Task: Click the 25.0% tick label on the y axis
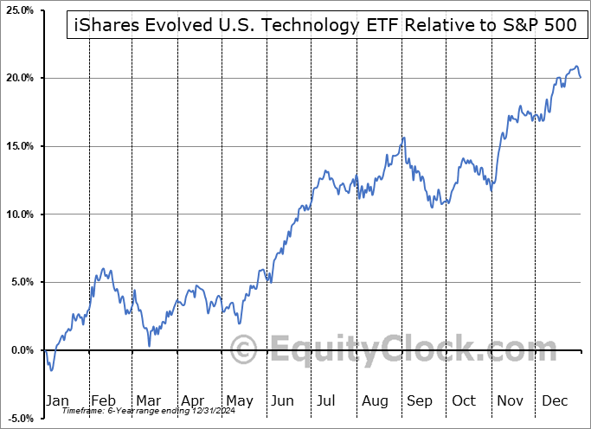tap(18, 10)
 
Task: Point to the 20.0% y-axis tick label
tap(18, 78)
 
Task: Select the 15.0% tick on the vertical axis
tap(18, 146)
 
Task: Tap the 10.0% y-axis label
tap(18, 214)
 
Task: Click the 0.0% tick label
tap(20, 350)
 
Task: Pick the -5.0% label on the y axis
tap(18, 419)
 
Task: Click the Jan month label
tap(58, 400)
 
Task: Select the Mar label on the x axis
tap(148, 400)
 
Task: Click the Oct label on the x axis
tap(464, 400)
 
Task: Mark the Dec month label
tap(555, 400)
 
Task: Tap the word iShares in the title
tap(101, 26)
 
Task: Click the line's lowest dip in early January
tap(52, 370)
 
